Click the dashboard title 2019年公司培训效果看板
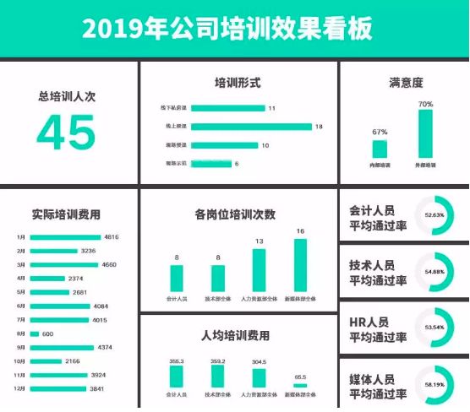[227, 29]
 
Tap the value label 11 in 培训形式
[271, 109]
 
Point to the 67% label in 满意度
[380, 133]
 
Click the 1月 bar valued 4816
[65, 238]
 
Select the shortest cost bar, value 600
[34, 334]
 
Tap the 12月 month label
[19, 389]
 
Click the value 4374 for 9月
[106, 348]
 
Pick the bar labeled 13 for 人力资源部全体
[260, 269]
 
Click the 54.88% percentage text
[434, 272]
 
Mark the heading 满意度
[406, 83]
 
